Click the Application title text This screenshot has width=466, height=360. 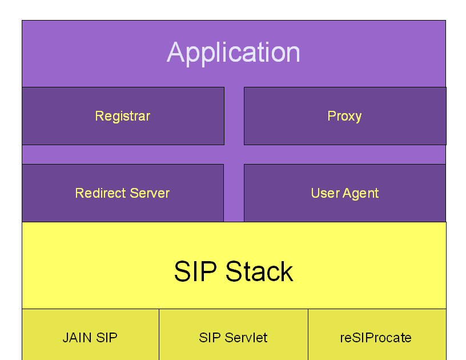[x=234, y=53]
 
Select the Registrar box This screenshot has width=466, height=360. [x=123, y=116]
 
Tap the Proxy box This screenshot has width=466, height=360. [x=344, y=116]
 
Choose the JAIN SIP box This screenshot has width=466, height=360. [x=90, y=337]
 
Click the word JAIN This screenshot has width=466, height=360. [x=77, y=338]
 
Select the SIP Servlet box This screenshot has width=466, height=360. [x=233, y=337]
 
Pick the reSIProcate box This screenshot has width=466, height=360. [x=376, y=337]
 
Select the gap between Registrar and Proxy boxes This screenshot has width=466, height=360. [x=234, y=116]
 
